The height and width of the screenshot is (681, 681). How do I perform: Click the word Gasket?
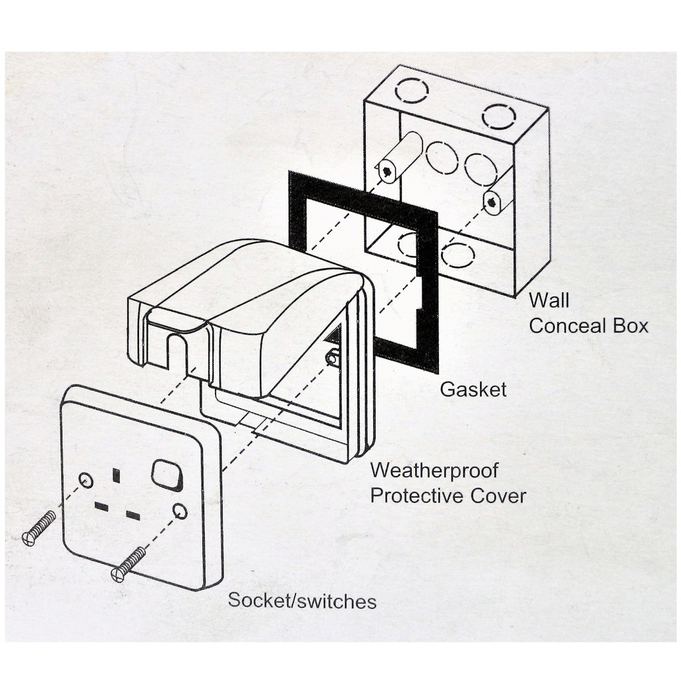coord(473,389)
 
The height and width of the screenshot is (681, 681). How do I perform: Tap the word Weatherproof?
coord(434,470)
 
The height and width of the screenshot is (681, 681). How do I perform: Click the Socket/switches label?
coord(302,601)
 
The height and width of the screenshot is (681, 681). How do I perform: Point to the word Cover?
coord(498,495)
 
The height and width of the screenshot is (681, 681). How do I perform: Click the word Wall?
coord(549,300)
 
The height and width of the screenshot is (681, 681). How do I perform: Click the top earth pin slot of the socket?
coord(116,475)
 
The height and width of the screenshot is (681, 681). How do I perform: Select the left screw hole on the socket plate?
coord(86,479)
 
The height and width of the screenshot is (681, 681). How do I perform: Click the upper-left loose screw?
coord(39,529)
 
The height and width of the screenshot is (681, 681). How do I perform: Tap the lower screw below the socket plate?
coord(129,563)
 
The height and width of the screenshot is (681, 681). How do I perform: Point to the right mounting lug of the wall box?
coord(492,200)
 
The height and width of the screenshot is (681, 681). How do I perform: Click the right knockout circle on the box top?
coord(499,116)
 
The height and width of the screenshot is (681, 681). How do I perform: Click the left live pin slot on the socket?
coord(101,507)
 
